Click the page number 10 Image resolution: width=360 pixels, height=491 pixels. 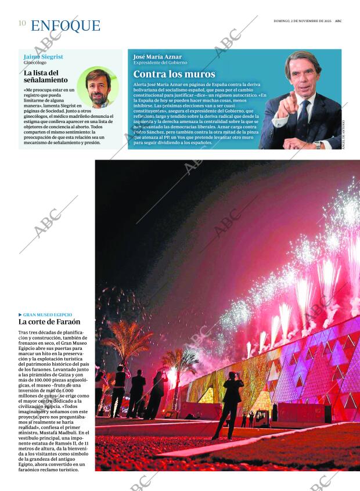coord(21,23)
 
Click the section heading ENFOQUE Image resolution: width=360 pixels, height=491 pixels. coord(65,26)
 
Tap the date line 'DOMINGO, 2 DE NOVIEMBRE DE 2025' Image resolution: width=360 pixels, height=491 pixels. coord(303,21)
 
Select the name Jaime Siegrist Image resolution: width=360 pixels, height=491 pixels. coord(44,57)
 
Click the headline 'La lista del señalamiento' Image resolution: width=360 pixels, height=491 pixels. coord(46,76)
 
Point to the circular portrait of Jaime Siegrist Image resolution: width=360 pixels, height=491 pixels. coord(98,88)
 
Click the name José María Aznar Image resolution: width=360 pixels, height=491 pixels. coord(157,56)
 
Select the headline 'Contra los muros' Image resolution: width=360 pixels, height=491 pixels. coord(174,74)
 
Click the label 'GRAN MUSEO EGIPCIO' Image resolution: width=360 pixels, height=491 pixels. coord(50,315)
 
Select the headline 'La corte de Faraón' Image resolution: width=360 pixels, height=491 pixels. coord(49,322)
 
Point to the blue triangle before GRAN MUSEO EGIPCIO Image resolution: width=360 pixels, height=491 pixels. coord(20,315)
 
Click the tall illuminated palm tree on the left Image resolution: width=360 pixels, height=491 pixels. coord(124,342)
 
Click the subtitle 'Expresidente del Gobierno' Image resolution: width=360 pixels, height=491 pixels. coord(160,63)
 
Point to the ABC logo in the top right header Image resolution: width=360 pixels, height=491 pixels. coord(338,21)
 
